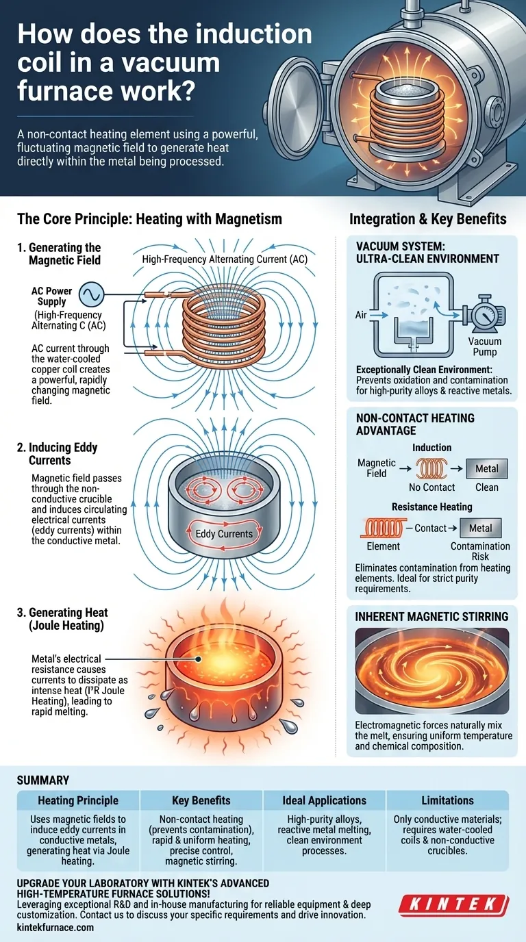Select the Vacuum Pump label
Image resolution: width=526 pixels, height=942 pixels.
[484, 347]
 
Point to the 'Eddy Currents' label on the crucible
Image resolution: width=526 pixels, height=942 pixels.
[224, 533]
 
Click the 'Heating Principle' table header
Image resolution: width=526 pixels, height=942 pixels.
[78, 800]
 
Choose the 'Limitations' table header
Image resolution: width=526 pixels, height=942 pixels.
[448, 800]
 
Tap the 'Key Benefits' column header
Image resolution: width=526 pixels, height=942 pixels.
[201, 800]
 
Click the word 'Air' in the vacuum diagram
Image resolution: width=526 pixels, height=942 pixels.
[362, 315]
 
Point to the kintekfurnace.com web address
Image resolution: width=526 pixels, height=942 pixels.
[55, 927]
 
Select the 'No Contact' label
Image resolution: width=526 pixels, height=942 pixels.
[431, 487]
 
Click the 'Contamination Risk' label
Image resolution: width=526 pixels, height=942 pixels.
[480, 552]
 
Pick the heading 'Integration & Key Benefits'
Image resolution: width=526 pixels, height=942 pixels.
[427, 219]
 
